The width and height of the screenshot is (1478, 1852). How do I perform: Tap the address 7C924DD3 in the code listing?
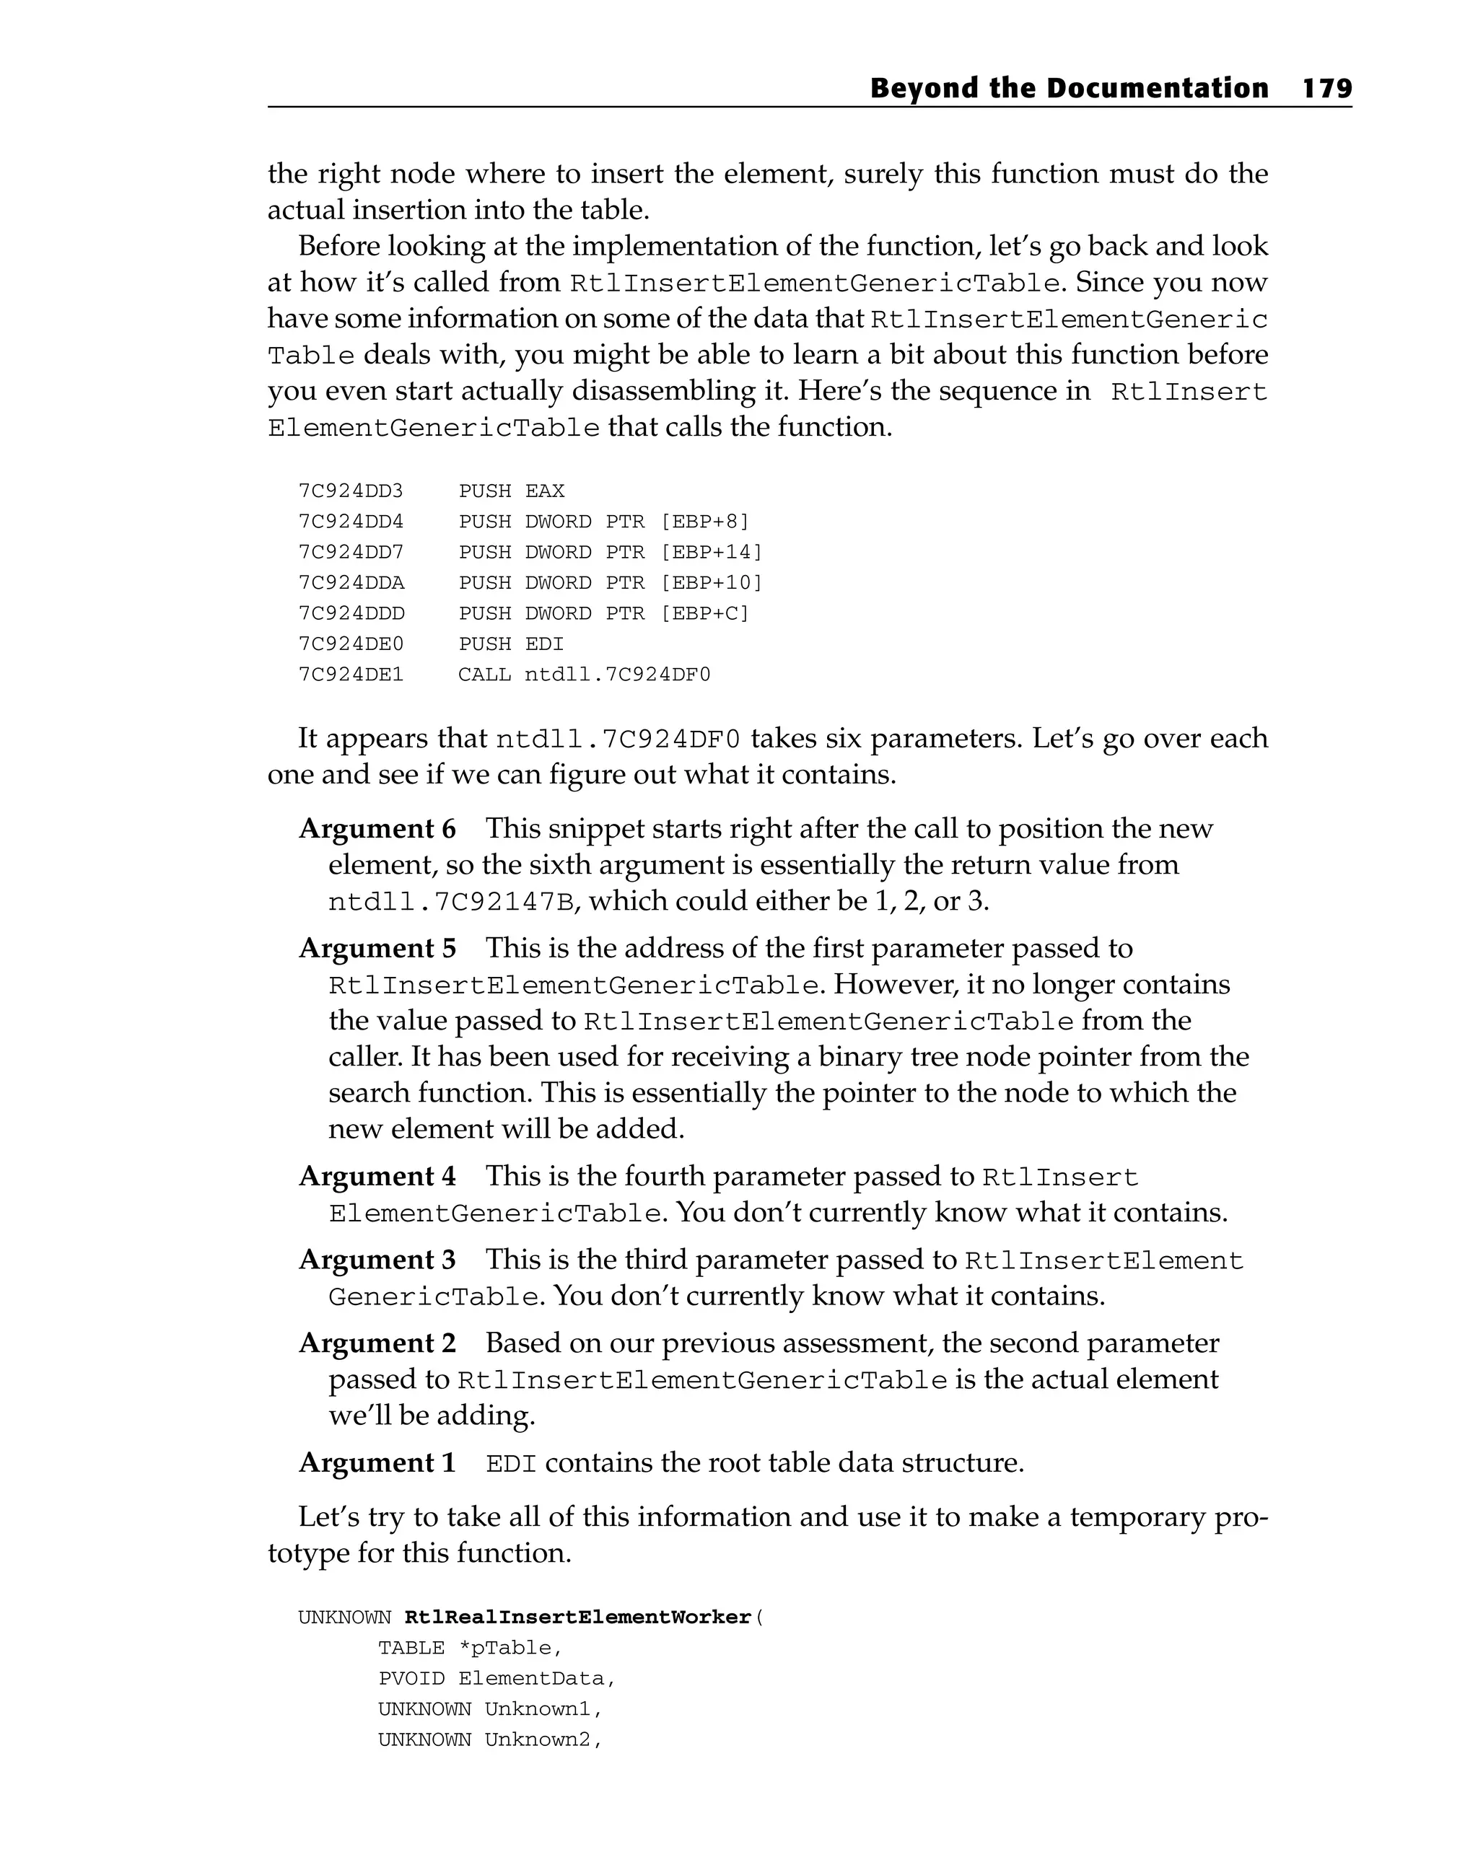(351, 491)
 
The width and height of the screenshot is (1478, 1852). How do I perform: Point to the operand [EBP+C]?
(704, 613)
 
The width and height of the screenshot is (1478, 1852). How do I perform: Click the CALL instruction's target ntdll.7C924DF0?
(618, 675)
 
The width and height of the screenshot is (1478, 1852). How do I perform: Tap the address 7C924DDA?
(351, 582)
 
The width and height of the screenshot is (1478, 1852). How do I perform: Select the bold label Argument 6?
(377, 829)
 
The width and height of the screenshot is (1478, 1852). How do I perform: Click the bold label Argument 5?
(377, 948)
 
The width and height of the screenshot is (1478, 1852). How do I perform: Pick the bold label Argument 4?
(377, 1176)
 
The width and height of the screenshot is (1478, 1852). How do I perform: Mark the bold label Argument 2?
(377, 1343)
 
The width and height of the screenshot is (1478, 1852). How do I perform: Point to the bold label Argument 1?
(377, 1462)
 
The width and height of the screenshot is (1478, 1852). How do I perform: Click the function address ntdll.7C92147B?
(451, 902)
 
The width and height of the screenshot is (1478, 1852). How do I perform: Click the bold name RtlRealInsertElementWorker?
(577, 1618)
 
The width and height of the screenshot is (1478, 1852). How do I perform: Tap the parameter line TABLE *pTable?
(470, 1648)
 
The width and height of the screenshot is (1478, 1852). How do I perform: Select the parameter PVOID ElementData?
(497, 1678)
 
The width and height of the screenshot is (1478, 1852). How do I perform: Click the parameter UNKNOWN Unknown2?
(490, 1739)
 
